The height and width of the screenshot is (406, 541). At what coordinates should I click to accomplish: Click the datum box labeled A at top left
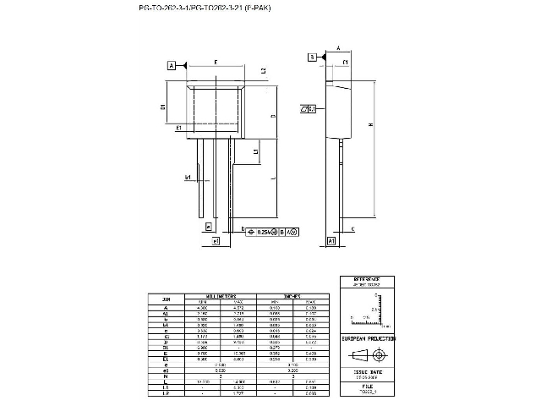(172, 65)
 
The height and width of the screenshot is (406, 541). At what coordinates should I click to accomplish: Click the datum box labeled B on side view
(312, 57)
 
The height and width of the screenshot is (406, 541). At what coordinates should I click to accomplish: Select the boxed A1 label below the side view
(331, 241)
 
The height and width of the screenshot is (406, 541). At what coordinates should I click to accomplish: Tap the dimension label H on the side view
(370, 125)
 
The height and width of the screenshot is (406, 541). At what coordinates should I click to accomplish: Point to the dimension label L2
(264, 71)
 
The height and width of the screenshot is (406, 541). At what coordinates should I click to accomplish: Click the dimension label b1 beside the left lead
(188, 178)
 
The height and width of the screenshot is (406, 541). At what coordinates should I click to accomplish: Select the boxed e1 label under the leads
(216, 241)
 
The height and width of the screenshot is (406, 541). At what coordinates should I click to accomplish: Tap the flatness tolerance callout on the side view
(309, 109)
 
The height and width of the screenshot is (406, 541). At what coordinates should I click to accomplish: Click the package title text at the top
(205, 7)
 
